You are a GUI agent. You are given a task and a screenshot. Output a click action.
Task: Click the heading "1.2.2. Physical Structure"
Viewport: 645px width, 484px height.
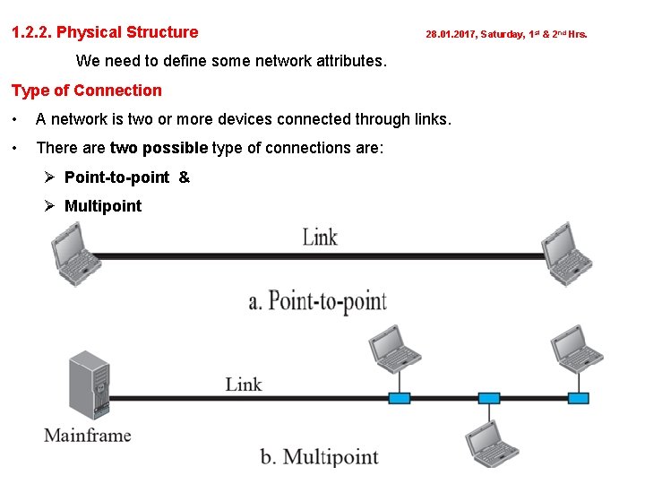[105, 33]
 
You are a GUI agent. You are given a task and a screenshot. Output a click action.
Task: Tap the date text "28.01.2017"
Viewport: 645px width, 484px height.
[451, 35]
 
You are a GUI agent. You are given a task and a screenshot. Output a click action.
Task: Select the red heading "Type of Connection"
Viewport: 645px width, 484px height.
[87, 91]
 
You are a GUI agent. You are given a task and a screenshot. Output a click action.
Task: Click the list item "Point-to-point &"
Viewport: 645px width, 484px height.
[126, 177]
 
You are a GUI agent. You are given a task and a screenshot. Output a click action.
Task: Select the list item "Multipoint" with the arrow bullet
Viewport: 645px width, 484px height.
[103, 205]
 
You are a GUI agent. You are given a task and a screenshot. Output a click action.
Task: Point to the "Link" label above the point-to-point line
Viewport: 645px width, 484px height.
[320, 238]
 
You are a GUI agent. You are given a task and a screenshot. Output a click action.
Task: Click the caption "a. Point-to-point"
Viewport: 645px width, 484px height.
[317, 300]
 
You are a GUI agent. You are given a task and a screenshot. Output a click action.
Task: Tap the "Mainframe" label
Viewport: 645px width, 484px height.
[88, 436]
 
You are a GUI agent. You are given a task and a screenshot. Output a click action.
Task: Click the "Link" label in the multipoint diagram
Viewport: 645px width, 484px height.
[244, 385]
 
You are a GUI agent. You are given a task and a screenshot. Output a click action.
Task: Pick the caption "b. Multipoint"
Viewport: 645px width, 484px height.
[319, 457]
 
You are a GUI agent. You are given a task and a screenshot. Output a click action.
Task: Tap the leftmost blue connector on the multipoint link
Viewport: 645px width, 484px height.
[399, 398]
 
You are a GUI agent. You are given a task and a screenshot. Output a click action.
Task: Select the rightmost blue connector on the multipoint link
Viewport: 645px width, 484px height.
[579, 398]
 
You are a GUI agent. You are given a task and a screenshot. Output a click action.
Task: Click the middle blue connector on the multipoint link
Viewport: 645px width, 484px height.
[488, 398]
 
